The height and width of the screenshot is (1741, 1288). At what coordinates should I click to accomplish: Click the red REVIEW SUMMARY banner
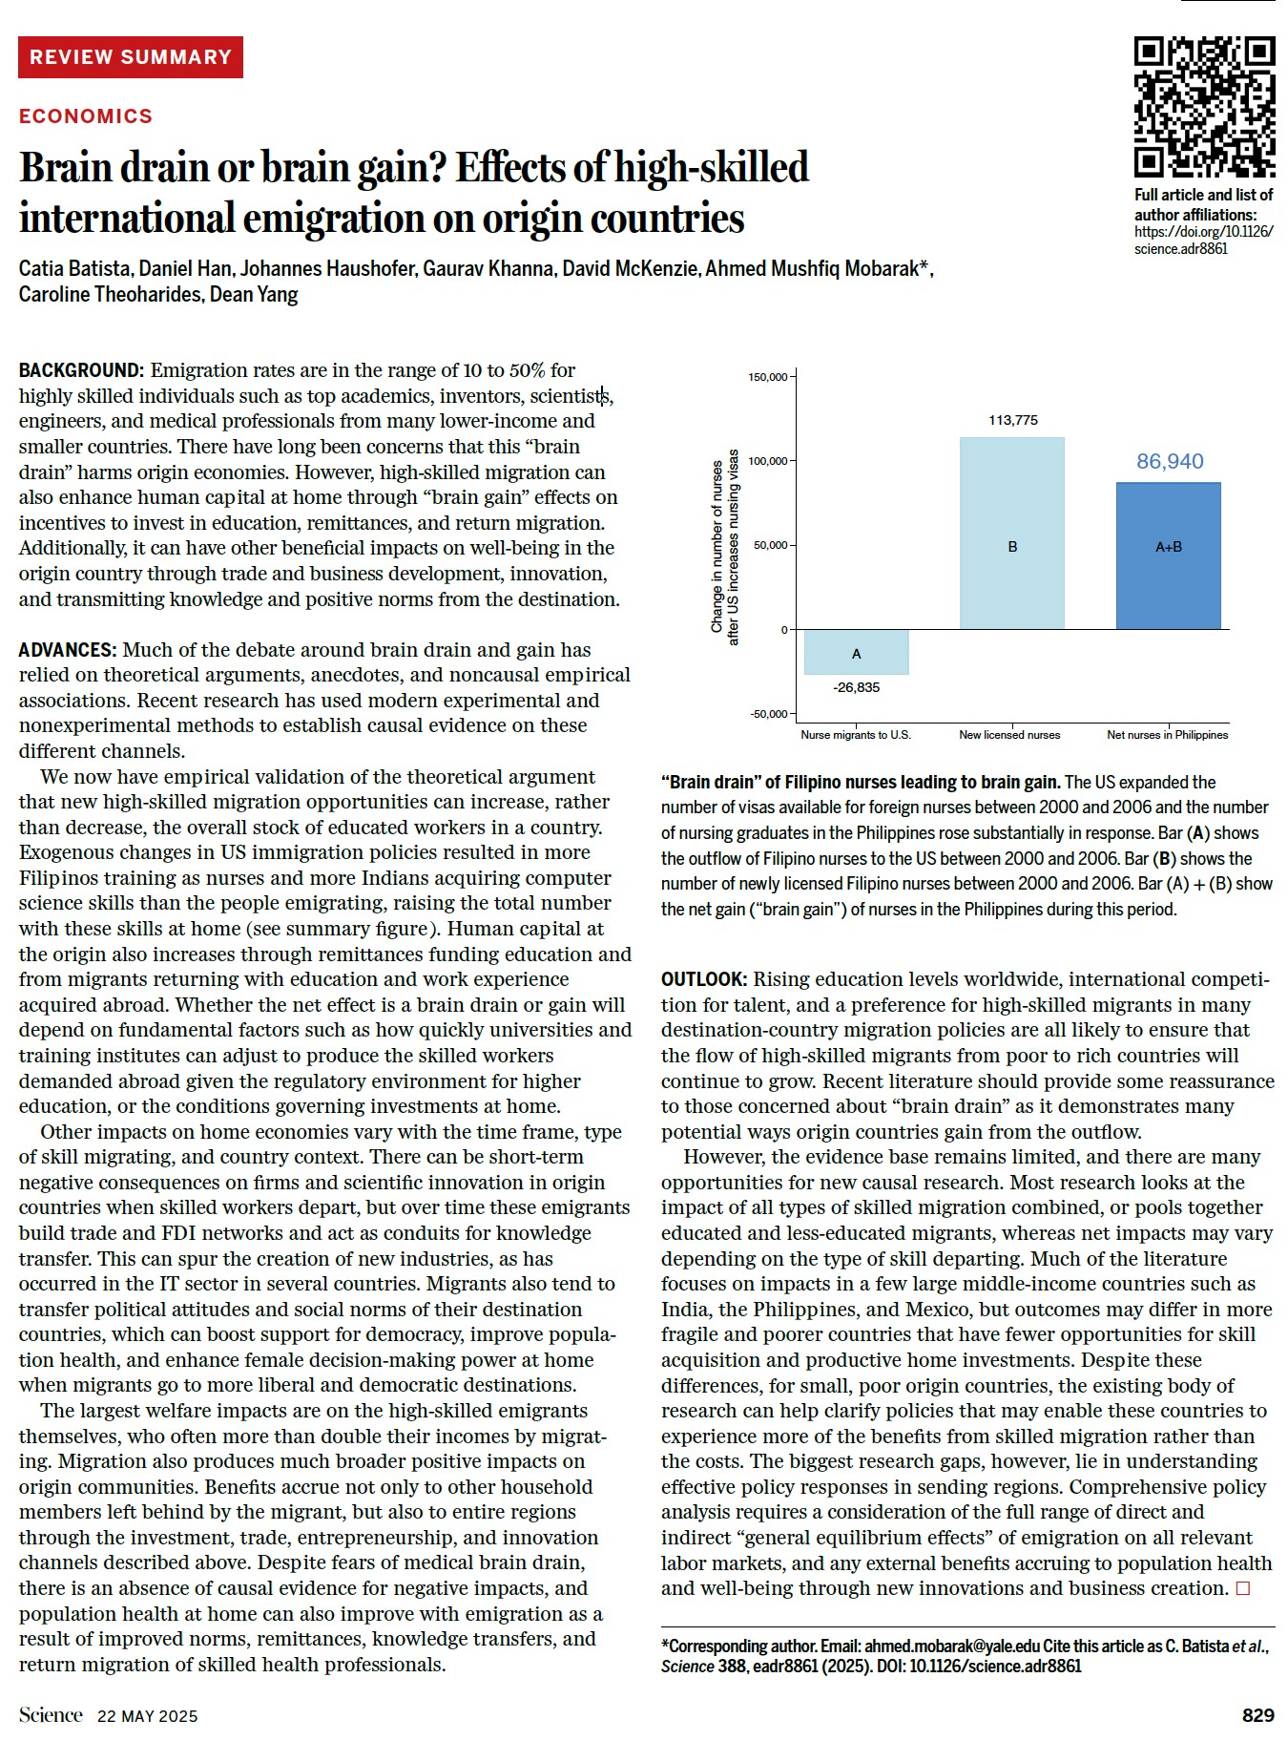(131, 57)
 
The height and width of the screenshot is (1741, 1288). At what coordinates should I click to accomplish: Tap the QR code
(1204, 107)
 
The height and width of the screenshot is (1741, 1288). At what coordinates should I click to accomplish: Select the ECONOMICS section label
(86, 116)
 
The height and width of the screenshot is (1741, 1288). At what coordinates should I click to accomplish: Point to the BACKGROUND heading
(81, 370)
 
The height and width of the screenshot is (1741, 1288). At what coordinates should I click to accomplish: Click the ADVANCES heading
(68, 650)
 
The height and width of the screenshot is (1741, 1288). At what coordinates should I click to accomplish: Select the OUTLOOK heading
(704, 979)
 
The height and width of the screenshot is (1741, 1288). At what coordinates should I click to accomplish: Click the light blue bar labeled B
(1011, 533)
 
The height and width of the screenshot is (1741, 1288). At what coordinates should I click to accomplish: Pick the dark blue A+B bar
(1168, 556)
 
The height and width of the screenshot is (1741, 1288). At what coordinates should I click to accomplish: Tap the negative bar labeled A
(856, 652)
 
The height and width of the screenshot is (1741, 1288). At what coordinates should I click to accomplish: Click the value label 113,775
(1013, 420)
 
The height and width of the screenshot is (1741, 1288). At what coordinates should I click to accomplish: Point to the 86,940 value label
(1170, 461)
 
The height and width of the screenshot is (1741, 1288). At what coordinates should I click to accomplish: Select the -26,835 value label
(856, 687)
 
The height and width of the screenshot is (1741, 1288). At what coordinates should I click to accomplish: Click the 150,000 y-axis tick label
(767, 377)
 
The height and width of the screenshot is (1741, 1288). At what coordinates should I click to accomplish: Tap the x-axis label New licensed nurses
(1009, 735)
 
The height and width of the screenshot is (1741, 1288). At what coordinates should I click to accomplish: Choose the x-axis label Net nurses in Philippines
(1167, 735)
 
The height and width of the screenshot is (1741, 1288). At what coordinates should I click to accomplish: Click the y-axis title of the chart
(725, 546)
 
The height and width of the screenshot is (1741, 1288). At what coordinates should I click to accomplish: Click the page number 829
(1257, 1715)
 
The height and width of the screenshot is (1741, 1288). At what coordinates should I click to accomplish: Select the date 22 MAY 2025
(147, 1716)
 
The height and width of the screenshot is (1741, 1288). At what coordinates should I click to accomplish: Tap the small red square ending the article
(1242, 1588)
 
